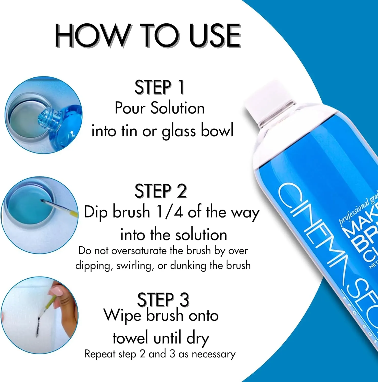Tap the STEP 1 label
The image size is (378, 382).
pyautogui.click(x=159, y=87)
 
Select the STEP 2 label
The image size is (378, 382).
pyautogui.click(x=160, y=191)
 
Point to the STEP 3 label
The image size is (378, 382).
pyautogui.click(x=163, y=299)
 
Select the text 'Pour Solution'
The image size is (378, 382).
pyautogui.click(x=160, y=108)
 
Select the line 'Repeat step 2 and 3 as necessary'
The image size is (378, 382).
pyautogui.click(x=160, y=354)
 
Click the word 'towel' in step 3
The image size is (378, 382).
pyautogui.click(x=130, y=338)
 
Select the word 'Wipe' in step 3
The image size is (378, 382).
pyautogui.click(x=122, y=316)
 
